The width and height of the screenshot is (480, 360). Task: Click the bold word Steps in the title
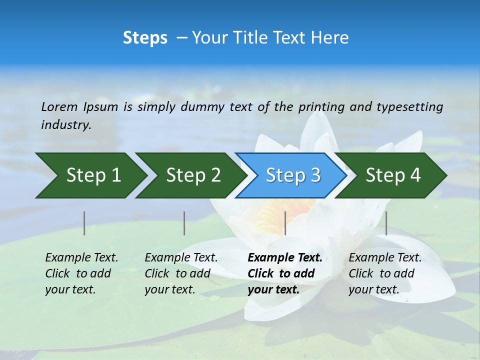coord(145,38)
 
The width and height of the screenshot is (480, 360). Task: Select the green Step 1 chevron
coord(90,175)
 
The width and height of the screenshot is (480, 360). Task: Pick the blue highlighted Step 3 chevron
coord(291,175)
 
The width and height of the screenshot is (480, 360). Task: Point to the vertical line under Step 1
coord(84,223)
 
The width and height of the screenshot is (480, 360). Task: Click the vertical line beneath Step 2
coord(184,223)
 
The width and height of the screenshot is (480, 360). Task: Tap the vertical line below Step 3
coord(285,223)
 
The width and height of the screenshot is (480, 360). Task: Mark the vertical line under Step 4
coord(386,223)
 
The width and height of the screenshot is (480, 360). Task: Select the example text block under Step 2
coord(180,273)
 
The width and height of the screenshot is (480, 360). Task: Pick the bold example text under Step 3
coord(284,273)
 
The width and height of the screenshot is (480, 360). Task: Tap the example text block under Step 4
coord(384,273)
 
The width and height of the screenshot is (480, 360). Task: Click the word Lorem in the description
coord(59,107)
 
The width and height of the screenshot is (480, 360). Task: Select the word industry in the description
coord(65,125)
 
